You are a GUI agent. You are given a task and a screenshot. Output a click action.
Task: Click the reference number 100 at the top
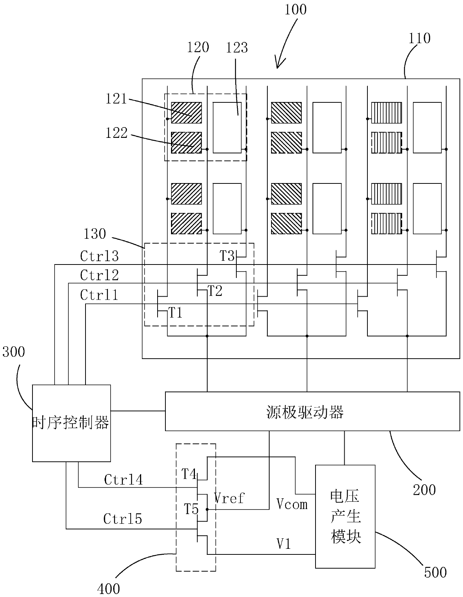point(295,10)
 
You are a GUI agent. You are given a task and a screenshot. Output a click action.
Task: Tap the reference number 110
point(419,38)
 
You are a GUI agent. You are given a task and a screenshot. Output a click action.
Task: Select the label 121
point(116,99)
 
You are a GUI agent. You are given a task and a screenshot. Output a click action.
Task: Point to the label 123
point(237,48)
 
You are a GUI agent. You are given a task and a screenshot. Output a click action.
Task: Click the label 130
point(95,234)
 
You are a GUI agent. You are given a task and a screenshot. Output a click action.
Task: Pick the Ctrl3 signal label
point(99,256)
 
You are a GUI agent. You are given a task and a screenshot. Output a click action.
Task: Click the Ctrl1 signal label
point(99,295)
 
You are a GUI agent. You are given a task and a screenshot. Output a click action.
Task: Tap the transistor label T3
point(227,256)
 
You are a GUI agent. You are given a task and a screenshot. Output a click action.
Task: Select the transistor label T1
point(175,313)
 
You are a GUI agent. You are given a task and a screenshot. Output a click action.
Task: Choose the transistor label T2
point(215,291)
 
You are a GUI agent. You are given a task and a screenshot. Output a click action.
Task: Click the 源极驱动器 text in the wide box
point(305,412)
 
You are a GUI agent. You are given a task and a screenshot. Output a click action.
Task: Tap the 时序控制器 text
point(71,422)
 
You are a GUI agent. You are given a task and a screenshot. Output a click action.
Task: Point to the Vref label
point(229,498)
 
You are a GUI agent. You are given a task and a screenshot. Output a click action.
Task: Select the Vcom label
point(292,504)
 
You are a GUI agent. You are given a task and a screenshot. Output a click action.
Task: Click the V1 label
point(283,544)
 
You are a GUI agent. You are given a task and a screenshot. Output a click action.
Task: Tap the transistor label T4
point(189,474)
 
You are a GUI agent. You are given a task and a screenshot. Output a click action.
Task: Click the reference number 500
point(435,573)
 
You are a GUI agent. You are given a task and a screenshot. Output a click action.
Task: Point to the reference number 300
point(14,352)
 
